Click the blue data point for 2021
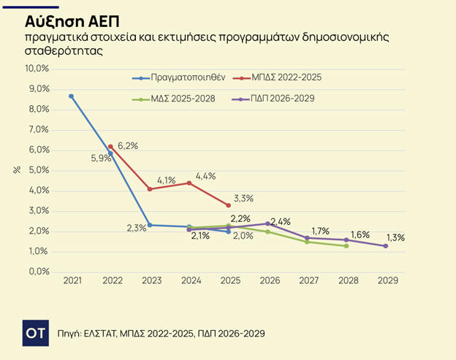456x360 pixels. [x=72, y=96]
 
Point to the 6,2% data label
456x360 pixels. [x=127, y=145]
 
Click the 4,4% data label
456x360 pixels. [x=205, y=176]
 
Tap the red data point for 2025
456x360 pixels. [x=229, y=205]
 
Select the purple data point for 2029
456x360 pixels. [x=386, y=246]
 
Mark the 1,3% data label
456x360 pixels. [x=395, y=237]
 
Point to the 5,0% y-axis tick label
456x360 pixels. [x=38, y=170]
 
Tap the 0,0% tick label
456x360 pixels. [x=38, y=272]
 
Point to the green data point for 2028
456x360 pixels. [x=346, y=246]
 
